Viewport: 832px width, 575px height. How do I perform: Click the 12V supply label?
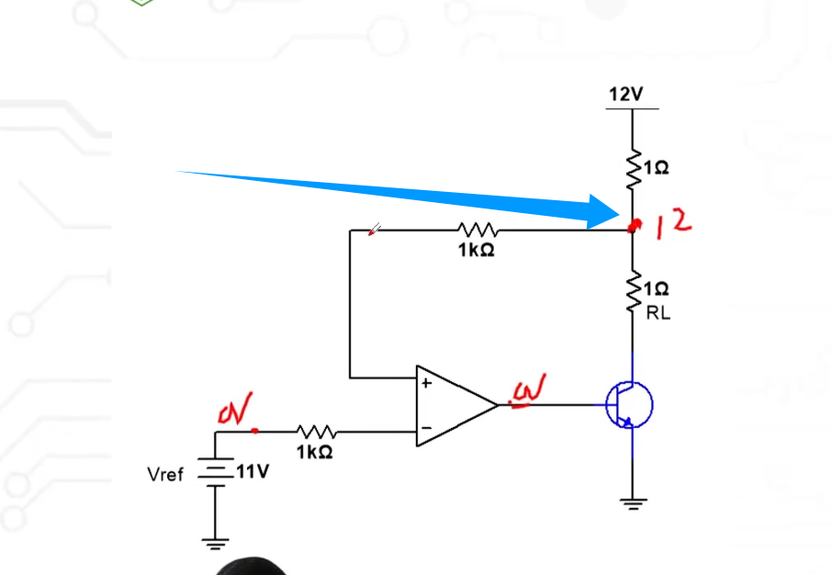click(625, 94)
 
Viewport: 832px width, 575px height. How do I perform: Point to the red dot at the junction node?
click(632, 227)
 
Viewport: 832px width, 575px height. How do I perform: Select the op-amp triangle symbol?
click(455, 405)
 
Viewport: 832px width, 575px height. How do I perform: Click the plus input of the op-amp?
click(425, 383)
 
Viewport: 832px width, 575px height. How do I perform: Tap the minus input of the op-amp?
click(425, 428)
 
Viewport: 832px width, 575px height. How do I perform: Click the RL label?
click(658, 313)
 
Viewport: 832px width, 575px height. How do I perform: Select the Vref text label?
click(165, 474)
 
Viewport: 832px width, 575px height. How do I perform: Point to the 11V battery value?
click(251, 473)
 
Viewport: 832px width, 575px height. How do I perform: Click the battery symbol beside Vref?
click(215, 472)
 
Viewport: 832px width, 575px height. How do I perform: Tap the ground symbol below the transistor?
click(632, 502)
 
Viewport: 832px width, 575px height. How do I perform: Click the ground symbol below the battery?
click(215, 542)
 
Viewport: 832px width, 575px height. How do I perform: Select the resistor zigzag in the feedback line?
click(477, 231)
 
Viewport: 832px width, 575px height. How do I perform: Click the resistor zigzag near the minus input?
click(318, 431)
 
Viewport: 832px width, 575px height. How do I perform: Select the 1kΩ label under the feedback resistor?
click(477, 250)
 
